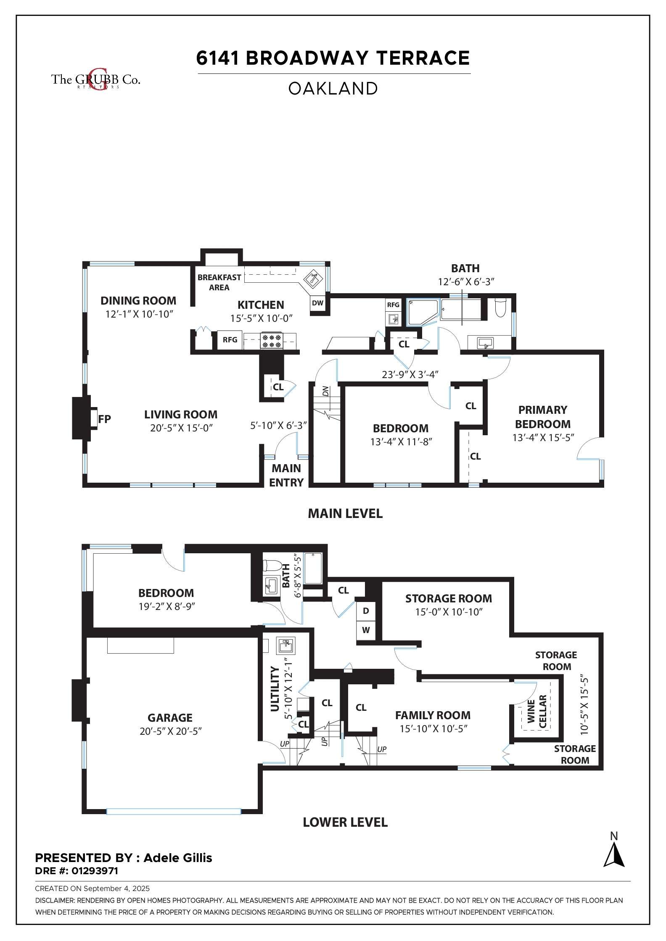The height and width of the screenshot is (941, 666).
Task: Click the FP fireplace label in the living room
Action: [x=104, y=419]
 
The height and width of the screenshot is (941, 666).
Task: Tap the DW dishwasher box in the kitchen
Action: [x=318, y=303]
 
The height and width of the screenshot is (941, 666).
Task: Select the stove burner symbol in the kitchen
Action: [x=271, y=340]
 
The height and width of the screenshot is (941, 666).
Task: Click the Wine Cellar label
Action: [x=537, y=711]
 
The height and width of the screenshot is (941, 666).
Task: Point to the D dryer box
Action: [x=366, y=611]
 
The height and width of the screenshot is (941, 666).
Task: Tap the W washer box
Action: [x=366, y=630]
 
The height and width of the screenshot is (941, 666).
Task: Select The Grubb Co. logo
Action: [x=95, y=79]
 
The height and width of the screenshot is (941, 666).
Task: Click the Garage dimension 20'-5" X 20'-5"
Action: [x=171, y=731]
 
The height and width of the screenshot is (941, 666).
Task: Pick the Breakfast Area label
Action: [x=219, y=282]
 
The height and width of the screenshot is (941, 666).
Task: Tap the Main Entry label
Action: [x=286, y=475]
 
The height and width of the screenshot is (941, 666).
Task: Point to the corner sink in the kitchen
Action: [x=313, y=278]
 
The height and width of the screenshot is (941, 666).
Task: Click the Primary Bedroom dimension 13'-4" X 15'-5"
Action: [x=543, y=438]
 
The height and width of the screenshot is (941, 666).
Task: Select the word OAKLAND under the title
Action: [x=333, y=89]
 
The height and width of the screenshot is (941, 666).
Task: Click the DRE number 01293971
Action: [x=95, y=871]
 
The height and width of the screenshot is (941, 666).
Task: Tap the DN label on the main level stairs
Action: [x=325, y=391]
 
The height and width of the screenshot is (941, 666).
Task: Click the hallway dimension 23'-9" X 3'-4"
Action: [x=410, y=374]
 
